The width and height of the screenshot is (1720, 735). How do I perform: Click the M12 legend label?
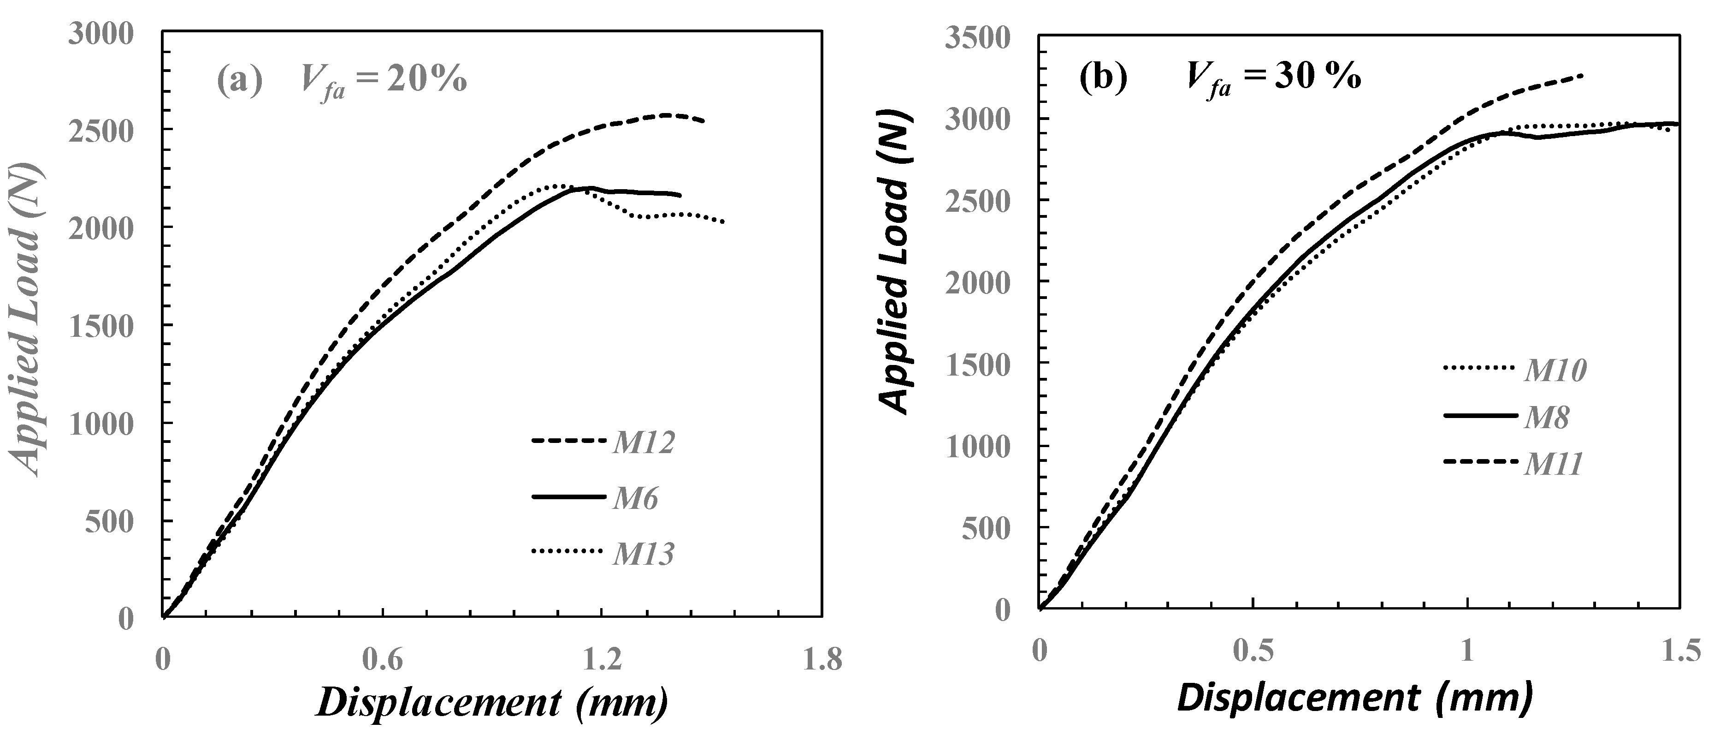click(644, 443)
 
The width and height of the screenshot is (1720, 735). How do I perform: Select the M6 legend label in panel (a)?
click(636, 498)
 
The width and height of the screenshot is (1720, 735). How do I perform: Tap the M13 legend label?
click(644, 554)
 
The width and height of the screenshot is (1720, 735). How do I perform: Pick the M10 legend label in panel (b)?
click(1555, 371)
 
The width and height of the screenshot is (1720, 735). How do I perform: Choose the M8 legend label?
click(1546, 418)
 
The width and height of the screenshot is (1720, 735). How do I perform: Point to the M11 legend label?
click(1554, 464)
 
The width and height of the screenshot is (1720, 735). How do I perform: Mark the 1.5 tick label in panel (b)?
click(1679, 650)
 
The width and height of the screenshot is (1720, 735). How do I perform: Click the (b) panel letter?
click(1103, 78)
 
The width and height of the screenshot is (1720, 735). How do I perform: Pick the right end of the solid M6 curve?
click(680, 195)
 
